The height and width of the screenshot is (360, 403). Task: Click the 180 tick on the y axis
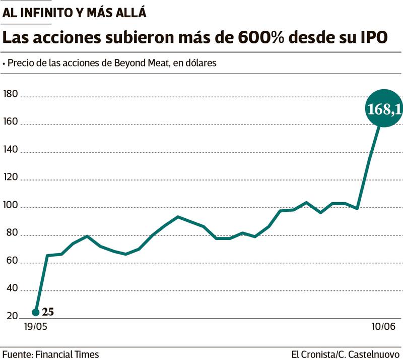coord(10,94)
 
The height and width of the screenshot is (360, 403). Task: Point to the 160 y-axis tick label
coord(10,122)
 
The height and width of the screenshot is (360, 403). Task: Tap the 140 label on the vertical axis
coord(10,150)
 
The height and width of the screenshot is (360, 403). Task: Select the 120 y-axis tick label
coord(10,177)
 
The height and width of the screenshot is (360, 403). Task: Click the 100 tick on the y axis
coord(10,205)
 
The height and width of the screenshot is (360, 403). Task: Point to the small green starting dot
coord(35,313)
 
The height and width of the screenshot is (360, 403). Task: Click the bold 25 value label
coord(48,312)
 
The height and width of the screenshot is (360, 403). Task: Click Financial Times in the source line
coord(68,354)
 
